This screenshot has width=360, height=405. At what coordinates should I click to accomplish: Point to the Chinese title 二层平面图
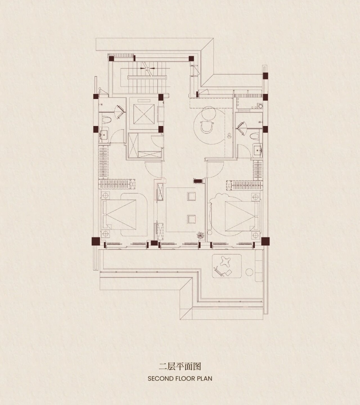coord(180,366)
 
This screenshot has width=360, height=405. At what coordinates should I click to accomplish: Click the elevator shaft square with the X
coord(144,114)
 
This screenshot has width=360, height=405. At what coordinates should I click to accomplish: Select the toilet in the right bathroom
coord(255,136)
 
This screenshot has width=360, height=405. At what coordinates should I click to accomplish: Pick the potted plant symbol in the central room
coord(200,235)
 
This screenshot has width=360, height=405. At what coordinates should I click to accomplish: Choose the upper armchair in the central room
coord(192,196)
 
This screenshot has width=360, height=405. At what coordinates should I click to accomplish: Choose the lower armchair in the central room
coord(192,219)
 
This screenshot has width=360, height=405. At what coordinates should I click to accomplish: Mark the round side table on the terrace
coord(249,272)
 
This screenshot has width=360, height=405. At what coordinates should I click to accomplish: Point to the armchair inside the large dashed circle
coord(207,126)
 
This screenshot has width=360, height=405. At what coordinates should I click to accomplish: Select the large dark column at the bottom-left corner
coord(95,242)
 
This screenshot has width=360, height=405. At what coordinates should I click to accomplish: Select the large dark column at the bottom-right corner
coord(265,242)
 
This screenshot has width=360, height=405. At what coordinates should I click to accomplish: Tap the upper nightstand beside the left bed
coord(105,194)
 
